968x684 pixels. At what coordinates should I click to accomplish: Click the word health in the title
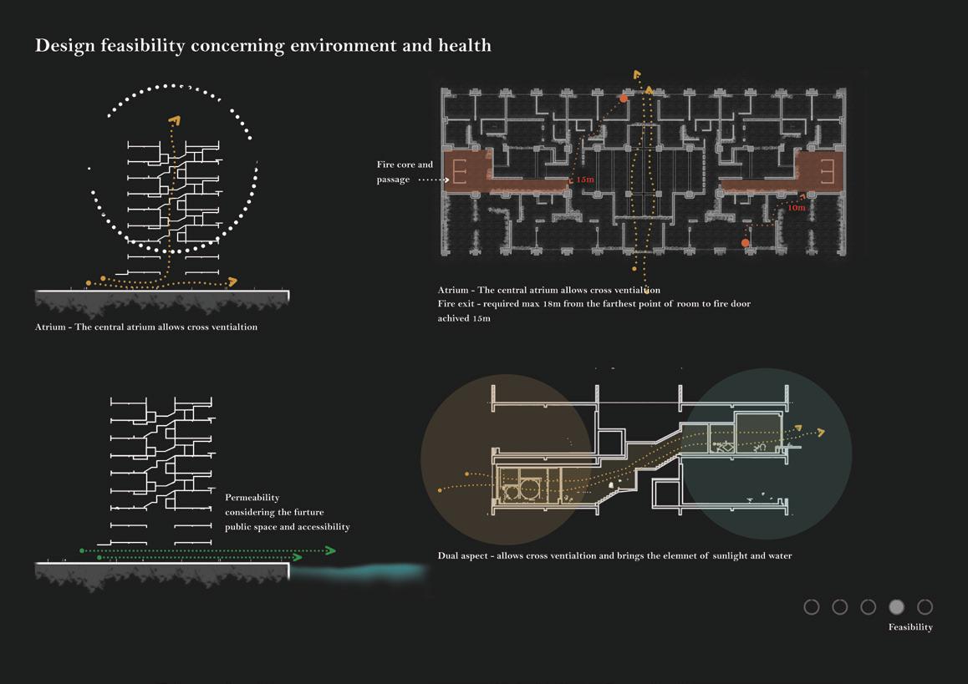pos(465,45)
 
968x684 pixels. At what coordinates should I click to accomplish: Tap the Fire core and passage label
pos(405,172)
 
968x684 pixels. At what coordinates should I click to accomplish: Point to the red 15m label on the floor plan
pos(584,180)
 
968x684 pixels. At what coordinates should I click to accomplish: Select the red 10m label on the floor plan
pos(796,208)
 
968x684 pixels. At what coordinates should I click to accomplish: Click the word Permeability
pos(252,498)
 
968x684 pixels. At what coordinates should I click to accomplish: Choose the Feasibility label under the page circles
pos(910,627)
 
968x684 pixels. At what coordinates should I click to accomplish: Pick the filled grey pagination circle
pos(896,607)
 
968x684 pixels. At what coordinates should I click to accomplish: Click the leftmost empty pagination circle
pos(812,607)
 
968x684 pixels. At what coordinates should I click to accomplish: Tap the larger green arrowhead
pos(330,550)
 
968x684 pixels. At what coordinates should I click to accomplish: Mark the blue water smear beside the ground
pos(368,572)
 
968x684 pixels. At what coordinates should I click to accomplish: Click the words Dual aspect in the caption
pos(463,556)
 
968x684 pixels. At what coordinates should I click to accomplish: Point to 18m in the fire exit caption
pos(552,304)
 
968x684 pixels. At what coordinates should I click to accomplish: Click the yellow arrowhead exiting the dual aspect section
pos(820,432)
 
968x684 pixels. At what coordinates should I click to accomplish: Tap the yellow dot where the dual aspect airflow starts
pos(441,490)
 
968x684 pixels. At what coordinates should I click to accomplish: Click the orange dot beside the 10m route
pos(746,243)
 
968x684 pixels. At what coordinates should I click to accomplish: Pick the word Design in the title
pos(65,45)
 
